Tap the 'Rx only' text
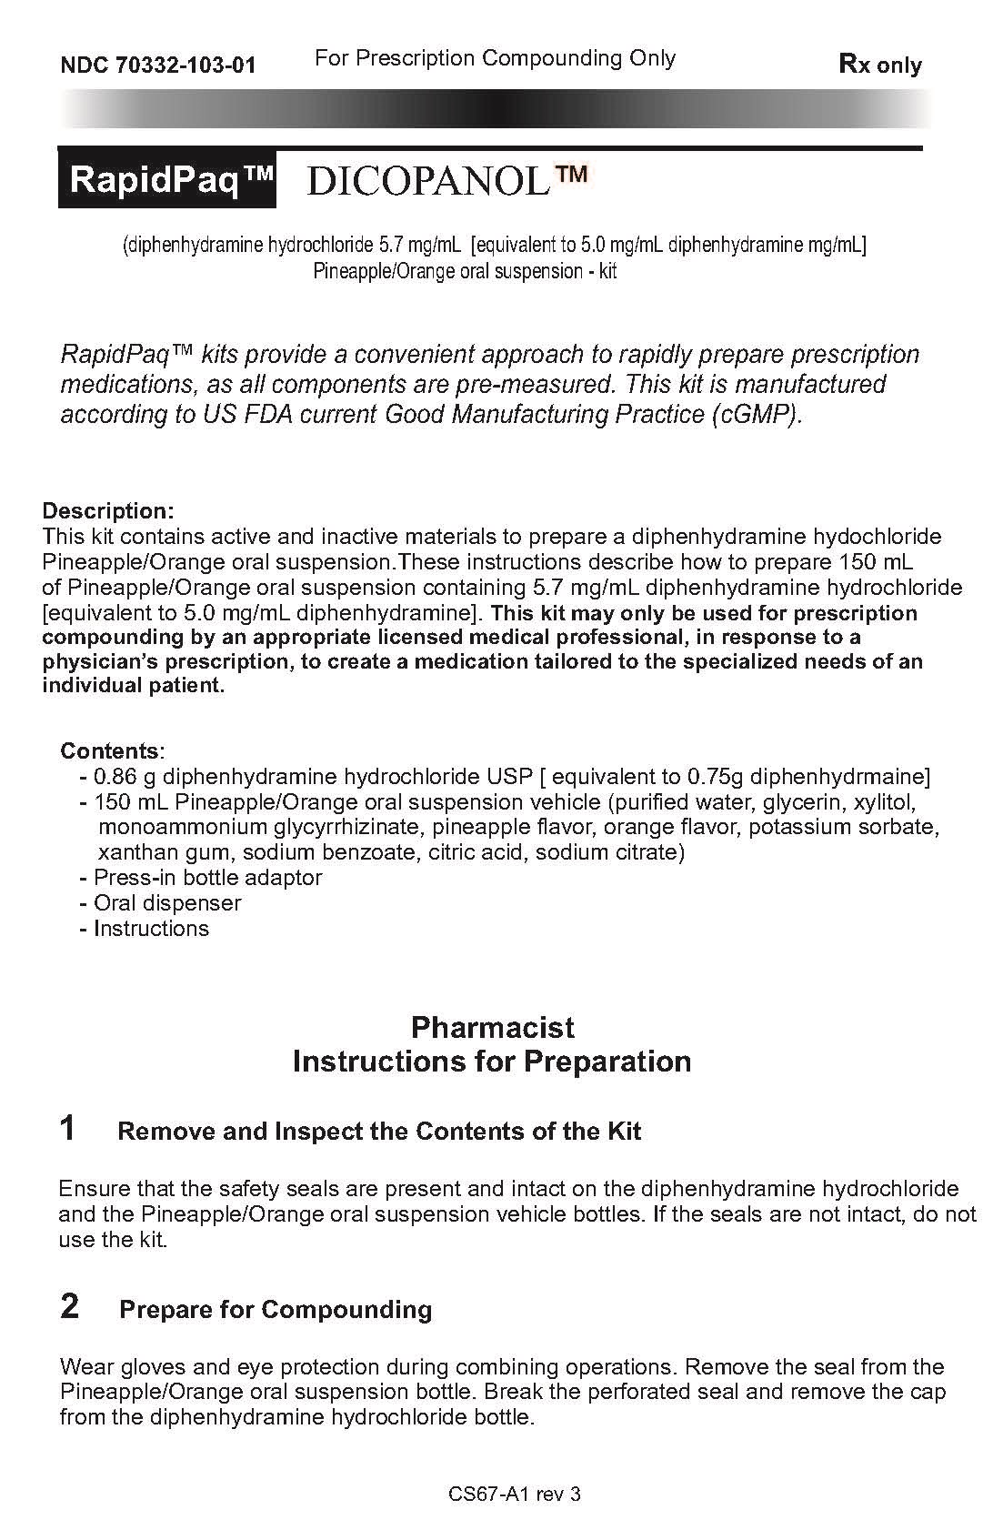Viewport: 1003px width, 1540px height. (x=879, y=65)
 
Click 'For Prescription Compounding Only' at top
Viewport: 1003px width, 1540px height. (x=495, y=58)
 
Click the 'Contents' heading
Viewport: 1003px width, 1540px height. (x=110, y=751)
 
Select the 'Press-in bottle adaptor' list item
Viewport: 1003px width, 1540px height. (x=207, y=878)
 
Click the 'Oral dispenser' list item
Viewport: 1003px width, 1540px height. (x=167, y=903)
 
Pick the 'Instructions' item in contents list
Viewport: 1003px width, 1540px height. (x=151, y=929)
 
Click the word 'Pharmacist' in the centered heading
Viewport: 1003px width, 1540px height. (x=492, y=1027)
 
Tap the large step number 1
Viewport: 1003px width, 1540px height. (x=68, y=1128)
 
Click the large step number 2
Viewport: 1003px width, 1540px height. (x=69, y=1306)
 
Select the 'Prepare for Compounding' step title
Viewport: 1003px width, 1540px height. (x=276, y=1310)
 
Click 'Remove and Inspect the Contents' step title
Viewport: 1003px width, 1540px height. (x=379, y=1132)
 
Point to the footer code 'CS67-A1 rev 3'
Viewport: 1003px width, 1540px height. (x=515, y=1494)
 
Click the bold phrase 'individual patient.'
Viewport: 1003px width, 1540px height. (x=134, y=686)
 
